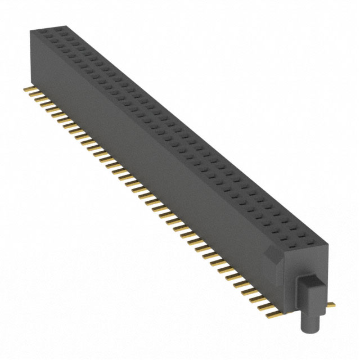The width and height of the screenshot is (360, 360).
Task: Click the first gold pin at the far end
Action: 27,89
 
